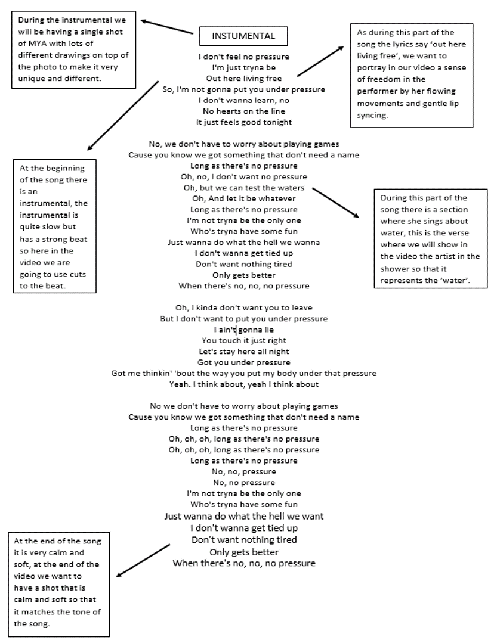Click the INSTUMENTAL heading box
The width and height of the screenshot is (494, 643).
tap(243, 36)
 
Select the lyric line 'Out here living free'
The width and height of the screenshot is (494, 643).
tap(243, 79)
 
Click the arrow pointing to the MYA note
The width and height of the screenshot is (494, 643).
tap(168, 28)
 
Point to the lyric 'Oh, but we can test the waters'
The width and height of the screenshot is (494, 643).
tap(244, 188)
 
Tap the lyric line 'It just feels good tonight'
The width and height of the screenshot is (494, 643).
tap(243, 122)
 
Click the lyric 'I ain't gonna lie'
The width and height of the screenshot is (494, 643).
tap(244, 330)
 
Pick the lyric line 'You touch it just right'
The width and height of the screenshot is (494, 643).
tap(244, 340)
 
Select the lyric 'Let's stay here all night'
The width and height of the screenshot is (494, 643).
tap(244, 352)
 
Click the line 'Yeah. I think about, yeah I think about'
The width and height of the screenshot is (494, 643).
tap(244, 384)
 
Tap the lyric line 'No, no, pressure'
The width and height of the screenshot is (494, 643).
tap(244, 471)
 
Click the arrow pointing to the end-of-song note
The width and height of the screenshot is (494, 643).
tap(143, 560)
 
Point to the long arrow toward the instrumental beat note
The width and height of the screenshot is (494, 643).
tap(122, 115)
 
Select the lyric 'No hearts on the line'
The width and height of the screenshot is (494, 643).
tap(243, 111)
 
